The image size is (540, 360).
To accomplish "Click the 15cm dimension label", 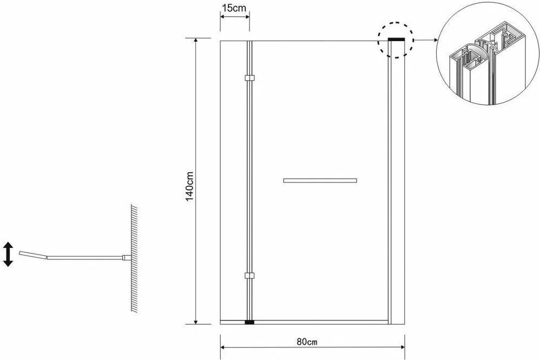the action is (x=234, y=8).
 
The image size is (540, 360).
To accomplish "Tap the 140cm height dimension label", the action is (x=190, y=186).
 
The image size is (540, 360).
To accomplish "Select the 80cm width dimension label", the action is (x=307, y=342).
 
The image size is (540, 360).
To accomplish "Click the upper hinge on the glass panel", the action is (x=249, y=78).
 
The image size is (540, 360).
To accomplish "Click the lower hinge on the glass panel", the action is (x=249, y=276).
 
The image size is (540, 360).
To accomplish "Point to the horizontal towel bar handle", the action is (x=320, y=180).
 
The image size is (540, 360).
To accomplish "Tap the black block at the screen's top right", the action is (x=396, y=40).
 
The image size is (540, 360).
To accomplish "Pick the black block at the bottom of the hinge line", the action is (x=249, y=323).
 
